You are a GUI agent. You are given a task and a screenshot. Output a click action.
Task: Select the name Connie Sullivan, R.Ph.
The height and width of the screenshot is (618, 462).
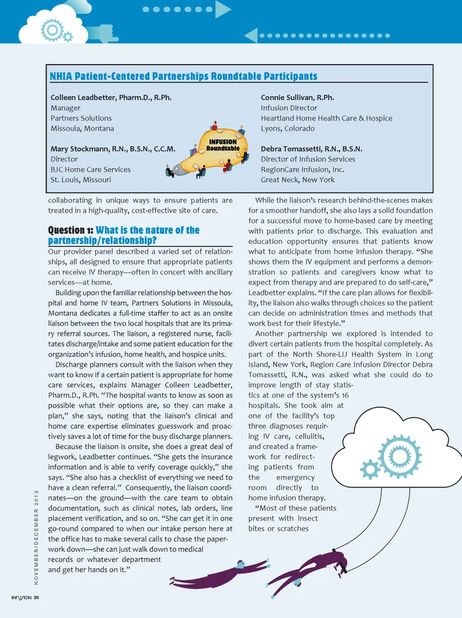pos(297,98)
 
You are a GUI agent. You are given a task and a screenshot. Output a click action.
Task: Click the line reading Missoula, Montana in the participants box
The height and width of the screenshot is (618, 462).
pos(82,129)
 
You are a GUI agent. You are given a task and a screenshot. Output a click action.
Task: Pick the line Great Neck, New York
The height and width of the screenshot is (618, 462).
pos(297,180)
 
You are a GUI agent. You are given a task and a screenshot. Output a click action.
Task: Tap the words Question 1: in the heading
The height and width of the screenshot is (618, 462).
pos(70,231)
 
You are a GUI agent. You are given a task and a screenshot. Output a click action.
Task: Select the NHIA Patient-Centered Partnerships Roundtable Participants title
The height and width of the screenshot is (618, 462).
pos(183,77)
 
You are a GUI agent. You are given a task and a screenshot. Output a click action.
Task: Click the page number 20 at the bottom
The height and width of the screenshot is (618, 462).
pos(37,598)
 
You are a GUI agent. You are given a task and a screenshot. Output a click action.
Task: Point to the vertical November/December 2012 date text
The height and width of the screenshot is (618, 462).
pos(36,537)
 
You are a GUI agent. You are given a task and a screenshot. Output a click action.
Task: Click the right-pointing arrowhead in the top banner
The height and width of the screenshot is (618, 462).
pos(222,9)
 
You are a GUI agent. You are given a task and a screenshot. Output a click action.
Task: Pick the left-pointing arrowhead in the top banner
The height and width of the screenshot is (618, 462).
pos(251,36)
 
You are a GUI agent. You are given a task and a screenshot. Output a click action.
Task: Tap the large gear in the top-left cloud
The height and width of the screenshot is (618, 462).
pos(51,30)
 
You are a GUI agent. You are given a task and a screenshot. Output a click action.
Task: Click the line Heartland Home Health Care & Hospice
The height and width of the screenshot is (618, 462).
pos(326,118)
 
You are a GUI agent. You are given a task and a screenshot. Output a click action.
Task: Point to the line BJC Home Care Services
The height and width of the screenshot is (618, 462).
pos(90,170)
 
